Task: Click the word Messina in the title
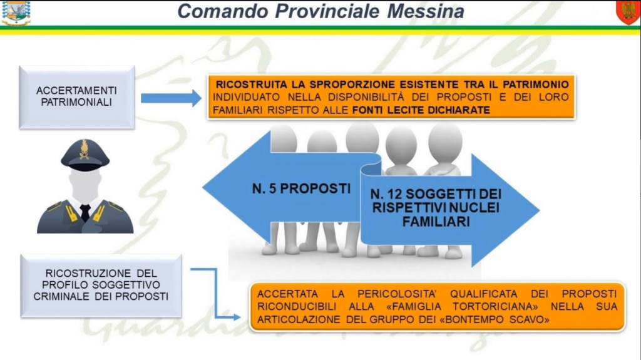click(425, 11)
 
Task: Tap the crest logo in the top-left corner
click(16, 13)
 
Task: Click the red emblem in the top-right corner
click(628, 13)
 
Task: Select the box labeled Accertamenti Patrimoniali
click(77, 98)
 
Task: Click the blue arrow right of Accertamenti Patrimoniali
click(171, 98)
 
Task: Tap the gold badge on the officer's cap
click(85, 149)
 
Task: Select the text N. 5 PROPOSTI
click(301, 188)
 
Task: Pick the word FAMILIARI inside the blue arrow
click(436, 222)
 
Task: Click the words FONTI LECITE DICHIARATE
click(421, 110)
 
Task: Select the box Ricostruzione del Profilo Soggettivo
click(101, 285)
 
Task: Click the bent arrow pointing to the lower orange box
click(216, 291)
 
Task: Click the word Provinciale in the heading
click(328, 11)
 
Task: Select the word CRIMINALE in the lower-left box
click(61, 296)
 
